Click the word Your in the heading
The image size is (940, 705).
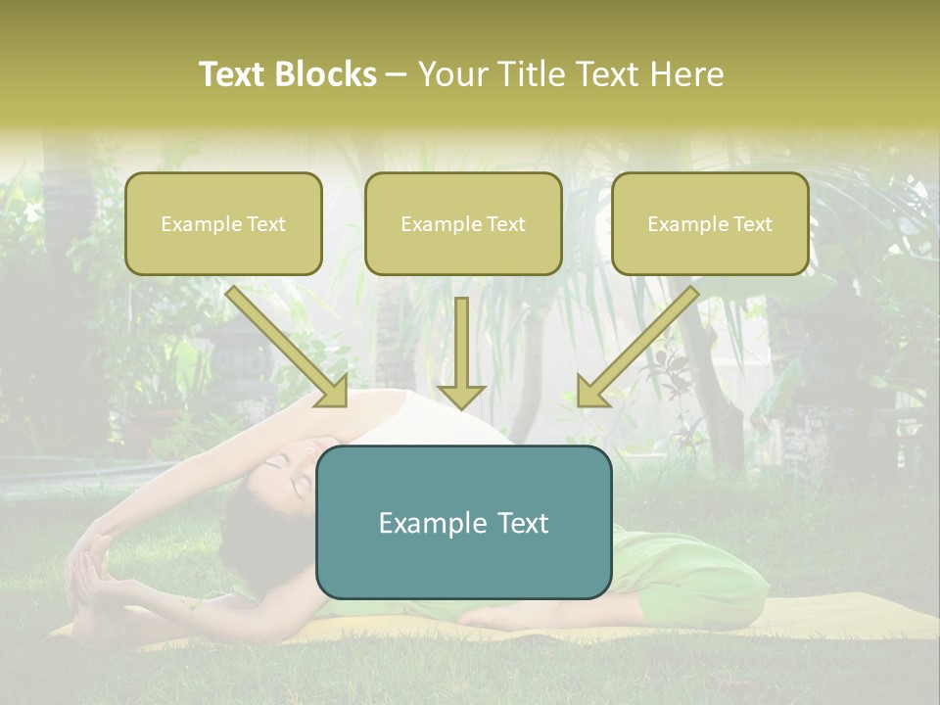click(452, 74)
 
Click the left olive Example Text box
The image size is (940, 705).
click(223, 224)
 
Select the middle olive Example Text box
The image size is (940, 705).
click(463, 224)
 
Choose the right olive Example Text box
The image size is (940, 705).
click(710, 224)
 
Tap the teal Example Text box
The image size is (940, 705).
click(463, 523)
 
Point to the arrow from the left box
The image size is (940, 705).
click(289, 348)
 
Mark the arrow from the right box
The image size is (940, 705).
click(636, 348)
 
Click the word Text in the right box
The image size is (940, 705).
click(752, 224)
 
